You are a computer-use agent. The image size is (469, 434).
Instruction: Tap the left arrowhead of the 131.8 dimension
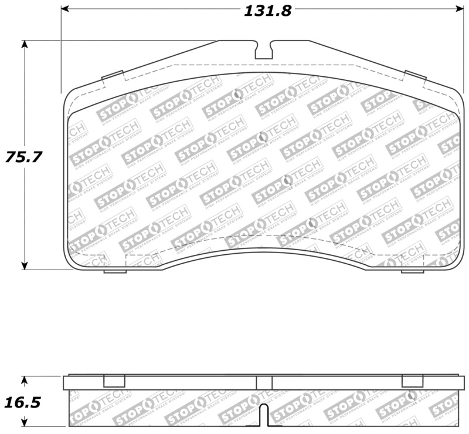(x=65, y=9)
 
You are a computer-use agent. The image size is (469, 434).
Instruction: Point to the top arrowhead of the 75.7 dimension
(x=25, y=45)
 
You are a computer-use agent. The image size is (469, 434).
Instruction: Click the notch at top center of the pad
(x=264, y=49)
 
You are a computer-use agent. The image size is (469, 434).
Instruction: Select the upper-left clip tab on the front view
(x=112, y=76)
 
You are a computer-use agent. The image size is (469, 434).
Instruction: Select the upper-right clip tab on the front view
(x=415, y=76)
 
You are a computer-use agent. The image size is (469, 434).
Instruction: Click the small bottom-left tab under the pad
(x=115, y=271)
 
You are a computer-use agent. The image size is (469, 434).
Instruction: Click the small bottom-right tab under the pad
(x=412, y=271)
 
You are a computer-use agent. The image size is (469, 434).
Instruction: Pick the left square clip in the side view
(x=114, y=381)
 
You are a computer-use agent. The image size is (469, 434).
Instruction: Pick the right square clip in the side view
(x=412, y=381)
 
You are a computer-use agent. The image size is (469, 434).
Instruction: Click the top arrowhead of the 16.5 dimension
(x=24, y=379)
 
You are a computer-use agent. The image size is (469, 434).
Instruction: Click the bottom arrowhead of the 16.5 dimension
(x=24, y=423)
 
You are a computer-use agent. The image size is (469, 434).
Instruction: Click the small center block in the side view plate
(x=264, y=382)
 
